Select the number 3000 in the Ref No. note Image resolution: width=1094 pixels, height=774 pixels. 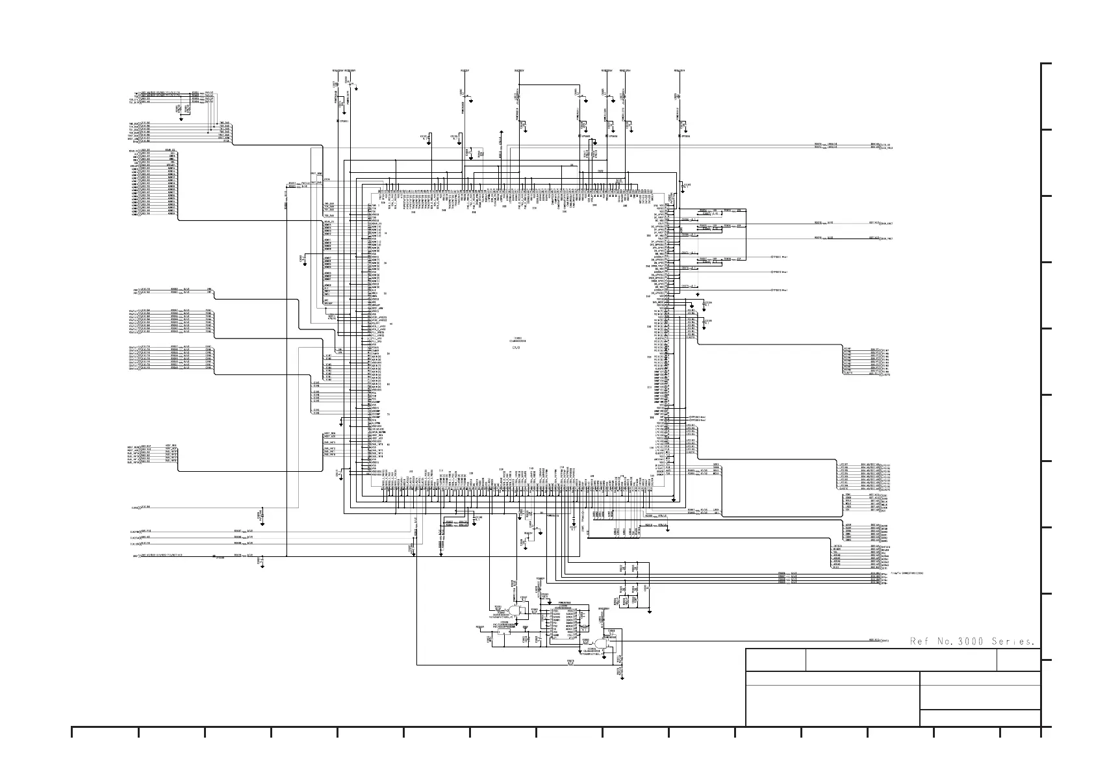(964, 642)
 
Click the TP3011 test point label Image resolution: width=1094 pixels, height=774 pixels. (780, 257)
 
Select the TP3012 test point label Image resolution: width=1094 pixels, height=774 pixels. (780, 272)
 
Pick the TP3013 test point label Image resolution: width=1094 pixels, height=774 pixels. (780, 290)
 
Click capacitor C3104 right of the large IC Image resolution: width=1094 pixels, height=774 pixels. (709, 303)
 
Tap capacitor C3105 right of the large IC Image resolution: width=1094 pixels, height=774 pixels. (709, 321)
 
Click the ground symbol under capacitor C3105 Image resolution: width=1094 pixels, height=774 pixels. (703, 328)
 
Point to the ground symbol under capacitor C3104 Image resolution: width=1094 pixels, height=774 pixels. (703, 309)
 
